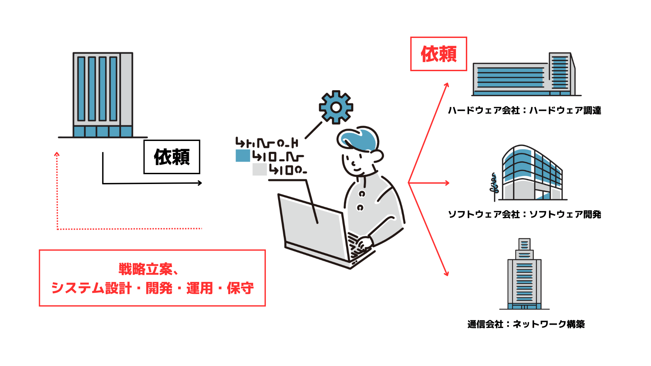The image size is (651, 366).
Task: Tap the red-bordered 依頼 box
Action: click(x=438, y=54)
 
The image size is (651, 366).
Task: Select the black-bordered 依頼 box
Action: click(x=172, y=157)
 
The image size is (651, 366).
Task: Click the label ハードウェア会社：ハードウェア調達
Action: click(x=524, y=110)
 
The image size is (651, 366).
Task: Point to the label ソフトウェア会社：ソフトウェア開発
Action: click(x=524, y=214)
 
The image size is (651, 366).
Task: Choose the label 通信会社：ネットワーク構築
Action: click(x=526, y=324)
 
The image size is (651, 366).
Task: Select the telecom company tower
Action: click(x=524, y=274)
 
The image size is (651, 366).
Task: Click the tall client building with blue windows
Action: click(x=103, y=95)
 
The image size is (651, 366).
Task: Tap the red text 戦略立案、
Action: click(x=148, y=269)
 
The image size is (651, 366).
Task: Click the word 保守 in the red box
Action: click(x=240, y=288)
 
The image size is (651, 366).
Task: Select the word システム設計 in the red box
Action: click(x=91, y=288)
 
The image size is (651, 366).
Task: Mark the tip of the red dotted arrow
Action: click(x=57, y=153)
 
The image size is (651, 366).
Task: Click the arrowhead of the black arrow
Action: click(x=200, y=183)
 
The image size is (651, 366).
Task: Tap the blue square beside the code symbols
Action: click(x=243, y=156)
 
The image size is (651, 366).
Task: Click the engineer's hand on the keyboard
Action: click(x=364, y=243)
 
